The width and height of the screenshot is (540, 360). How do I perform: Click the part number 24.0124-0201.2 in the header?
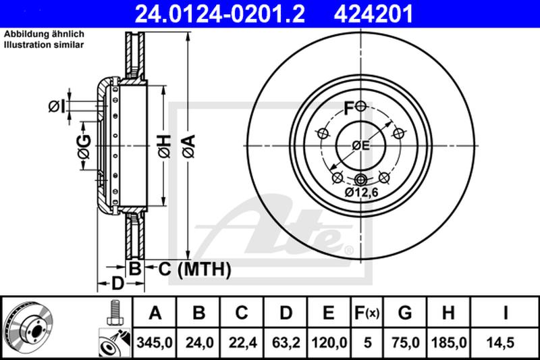point(220,14)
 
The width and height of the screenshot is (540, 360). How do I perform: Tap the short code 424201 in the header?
point(373,14)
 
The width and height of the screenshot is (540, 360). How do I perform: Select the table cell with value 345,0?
point(155,342)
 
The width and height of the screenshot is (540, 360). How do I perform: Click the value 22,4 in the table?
point(242,342)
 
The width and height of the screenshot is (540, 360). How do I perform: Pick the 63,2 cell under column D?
point(286,342)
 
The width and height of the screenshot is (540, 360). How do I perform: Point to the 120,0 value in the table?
point(329,342)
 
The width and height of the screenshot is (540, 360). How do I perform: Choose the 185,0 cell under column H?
point(449,342)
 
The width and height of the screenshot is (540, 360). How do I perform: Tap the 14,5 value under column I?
point(505,342)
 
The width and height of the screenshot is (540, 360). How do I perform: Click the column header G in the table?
point(405,313)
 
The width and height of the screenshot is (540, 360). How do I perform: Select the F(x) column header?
point(367,313)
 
